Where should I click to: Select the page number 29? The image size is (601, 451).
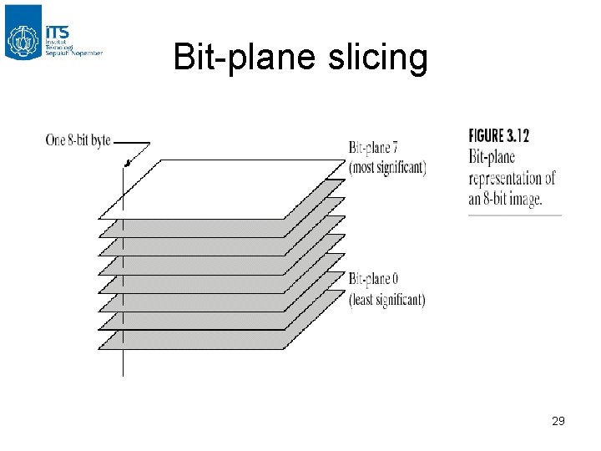click(558, 421)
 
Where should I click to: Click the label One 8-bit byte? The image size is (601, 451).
click(78, 140)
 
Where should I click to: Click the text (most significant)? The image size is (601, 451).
click(387, 167)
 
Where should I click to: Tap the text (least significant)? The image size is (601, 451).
click(387, 299)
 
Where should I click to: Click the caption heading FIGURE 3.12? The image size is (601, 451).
click(499, 136)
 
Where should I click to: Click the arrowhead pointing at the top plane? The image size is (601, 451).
click(126, 163)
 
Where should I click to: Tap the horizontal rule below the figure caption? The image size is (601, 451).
click(514, 215)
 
